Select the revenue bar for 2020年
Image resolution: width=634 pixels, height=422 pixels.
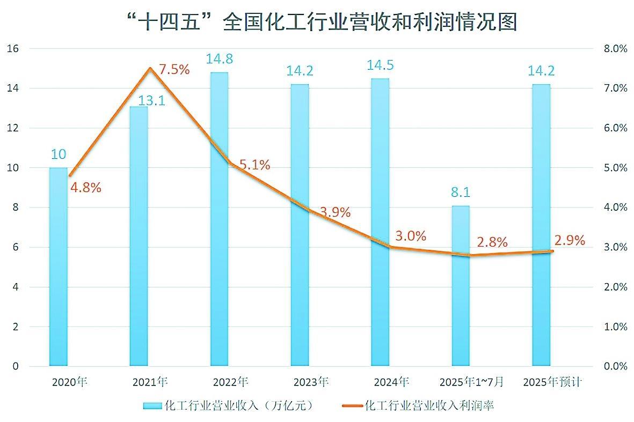[59, 268]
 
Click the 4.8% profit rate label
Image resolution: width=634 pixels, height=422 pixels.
[85, 188]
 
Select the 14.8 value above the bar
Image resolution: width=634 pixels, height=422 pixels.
[219, 58]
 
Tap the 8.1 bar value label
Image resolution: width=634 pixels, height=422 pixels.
[461, 192]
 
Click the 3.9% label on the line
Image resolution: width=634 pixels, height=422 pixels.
[335, 212]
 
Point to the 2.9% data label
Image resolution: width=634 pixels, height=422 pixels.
[569, 240]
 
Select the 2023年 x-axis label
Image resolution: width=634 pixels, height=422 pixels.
[311, 382]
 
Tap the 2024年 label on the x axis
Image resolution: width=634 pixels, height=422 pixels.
[391, 382]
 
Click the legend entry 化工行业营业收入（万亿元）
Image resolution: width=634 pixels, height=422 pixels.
[228, 405]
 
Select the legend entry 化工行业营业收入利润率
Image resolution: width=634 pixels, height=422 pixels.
[419, 405]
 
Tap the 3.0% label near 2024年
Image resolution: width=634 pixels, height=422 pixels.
[411, 236]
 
